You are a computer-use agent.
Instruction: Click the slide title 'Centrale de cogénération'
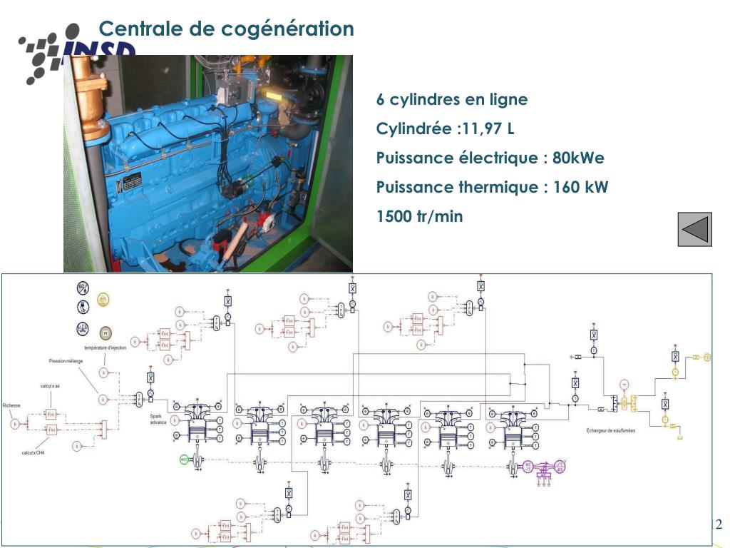tap(226, 29)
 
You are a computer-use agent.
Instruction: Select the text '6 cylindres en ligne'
tap(452, 99)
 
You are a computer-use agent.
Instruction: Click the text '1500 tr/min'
tap(419, 216)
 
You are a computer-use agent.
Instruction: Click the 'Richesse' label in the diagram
tap(11, 405)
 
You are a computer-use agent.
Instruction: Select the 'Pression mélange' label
tap(66, 361)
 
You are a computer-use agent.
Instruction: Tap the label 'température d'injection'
tap(105, 347)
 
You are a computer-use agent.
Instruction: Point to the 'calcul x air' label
tap(50, 385)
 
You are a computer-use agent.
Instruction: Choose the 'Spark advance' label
tap(158, 419)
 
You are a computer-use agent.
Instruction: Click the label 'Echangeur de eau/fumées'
tap(610, 431)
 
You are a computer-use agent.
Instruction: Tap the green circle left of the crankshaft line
tap(184, 460)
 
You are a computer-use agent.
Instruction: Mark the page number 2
tap(718, 525)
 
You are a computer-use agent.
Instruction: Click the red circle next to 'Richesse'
tap(15, 423)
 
